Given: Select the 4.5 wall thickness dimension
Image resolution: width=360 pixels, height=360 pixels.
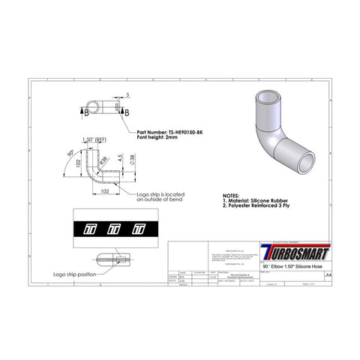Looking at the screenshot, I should point(120,158).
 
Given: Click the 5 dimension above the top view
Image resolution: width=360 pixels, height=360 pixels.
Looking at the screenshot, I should point(128,94).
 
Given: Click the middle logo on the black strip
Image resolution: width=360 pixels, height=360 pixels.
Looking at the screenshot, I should point(115,227).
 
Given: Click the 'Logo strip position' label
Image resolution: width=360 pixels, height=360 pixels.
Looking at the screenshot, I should point(75,274).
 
